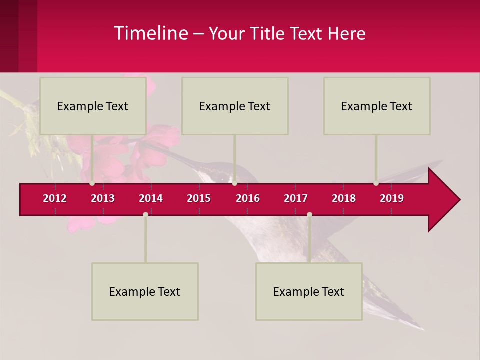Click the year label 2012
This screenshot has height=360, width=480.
55,198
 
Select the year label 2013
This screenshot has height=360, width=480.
103,198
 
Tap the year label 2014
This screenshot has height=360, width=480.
151,198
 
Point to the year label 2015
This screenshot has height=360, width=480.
199,198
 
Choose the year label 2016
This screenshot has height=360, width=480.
248,198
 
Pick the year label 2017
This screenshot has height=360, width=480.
296,198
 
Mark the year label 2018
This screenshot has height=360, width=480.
344,198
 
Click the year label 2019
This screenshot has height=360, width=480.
392,198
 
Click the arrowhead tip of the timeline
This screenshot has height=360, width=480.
459,200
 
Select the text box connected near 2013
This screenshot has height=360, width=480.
93,106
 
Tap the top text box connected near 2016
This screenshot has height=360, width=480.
235,106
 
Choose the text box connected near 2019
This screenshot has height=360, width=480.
377,106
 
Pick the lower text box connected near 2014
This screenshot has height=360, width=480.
145,291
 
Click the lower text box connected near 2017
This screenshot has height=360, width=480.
309,291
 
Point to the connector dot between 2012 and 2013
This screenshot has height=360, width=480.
92,183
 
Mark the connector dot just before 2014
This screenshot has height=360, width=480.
145,214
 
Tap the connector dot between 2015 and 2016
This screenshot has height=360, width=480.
234,183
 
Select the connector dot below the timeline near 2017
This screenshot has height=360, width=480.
309,214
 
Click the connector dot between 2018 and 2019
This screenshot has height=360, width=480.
376,183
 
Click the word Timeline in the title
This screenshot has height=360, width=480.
151,33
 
